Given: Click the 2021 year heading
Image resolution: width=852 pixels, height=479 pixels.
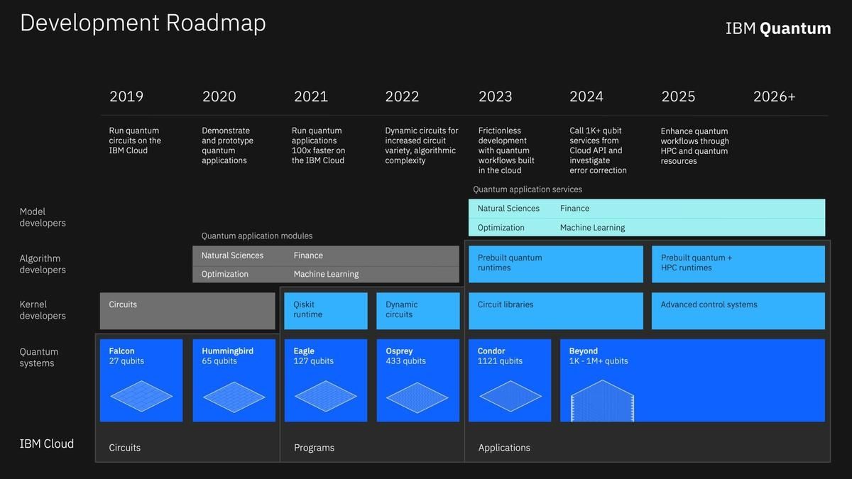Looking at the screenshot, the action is pos(311,97).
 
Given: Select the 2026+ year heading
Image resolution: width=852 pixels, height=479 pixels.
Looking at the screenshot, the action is pos(774,97).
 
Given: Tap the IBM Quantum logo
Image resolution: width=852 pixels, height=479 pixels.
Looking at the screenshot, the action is pos(778,28).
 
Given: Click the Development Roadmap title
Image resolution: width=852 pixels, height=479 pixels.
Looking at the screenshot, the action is pos(143,23).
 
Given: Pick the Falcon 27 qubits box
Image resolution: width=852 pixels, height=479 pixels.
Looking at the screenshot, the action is pos(141,380).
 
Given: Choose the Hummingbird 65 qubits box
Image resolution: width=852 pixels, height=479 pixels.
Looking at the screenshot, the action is pos(234,380).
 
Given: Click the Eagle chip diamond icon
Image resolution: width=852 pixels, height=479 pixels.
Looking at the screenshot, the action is pos(326,396).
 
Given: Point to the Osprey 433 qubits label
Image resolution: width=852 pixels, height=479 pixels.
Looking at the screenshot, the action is pos(405,356).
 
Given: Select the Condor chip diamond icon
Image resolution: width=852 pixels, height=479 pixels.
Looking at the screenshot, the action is pos(510,396).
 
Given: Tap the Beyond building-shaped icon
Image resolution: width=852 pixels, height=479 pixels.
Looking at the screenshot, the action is pos(603,401).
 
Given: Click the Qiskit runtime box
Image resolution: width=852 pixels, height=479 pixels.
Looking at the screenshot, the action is pos(326,311).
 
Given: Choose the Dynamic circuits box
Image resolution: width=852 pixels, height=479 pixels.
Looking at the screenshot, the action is pos(418,311).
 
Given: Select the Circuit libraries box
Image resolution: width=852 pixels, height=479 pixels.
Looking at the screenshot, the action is pos(556,311).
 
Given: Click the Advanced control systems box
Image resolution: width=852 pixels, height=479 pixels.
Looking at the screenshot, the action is pos(738,311).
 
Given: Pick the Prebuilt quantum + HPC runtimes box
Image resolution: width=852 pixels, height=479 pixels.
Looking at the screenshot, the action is pos(738,264).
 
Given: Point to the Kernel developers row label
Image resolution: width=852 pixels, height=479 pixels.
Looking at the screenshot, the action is pos(43,310).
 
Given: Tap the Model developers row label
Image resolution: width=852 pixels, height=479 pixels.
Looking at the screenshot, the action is pos(43,217).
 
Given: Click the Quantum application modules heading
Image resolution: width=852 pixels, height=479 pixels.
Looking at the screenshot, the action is pos(257,236).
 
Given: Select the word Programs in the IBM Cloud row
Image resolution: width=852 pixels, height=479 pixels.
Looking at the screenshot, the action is pos(314,448).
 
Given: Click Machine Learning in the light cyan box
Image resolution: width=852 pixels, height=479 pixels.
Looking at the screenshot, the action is pos(592,228).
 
